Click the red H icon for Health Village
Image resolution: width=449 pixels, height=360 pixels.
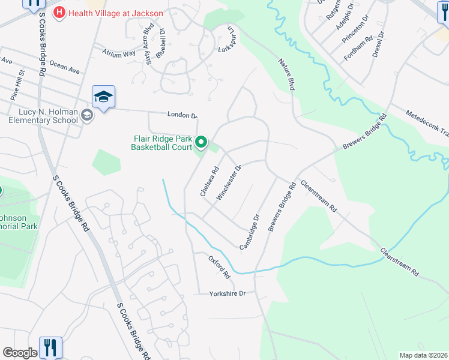[59, 12]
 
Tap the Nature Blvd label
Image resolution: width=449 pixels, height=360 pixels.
[287, 74]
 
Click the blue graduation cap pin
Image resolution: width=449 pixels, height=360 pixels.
[103, 97]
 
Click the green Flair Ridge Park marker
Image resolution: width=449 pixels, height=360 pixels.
[201, 143]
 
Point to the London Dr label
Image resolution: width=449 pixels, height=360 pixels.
[182, 115]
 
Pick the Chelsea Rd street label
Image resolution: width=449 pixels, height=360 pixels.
[208, 182]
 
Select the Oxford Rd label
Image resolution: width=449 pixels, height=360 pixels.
[220, 267]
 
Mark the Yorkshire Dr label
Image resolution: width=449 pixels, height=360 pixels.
[228, 293]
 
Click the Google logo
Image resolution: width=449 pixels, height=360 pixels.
[20, 353]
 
